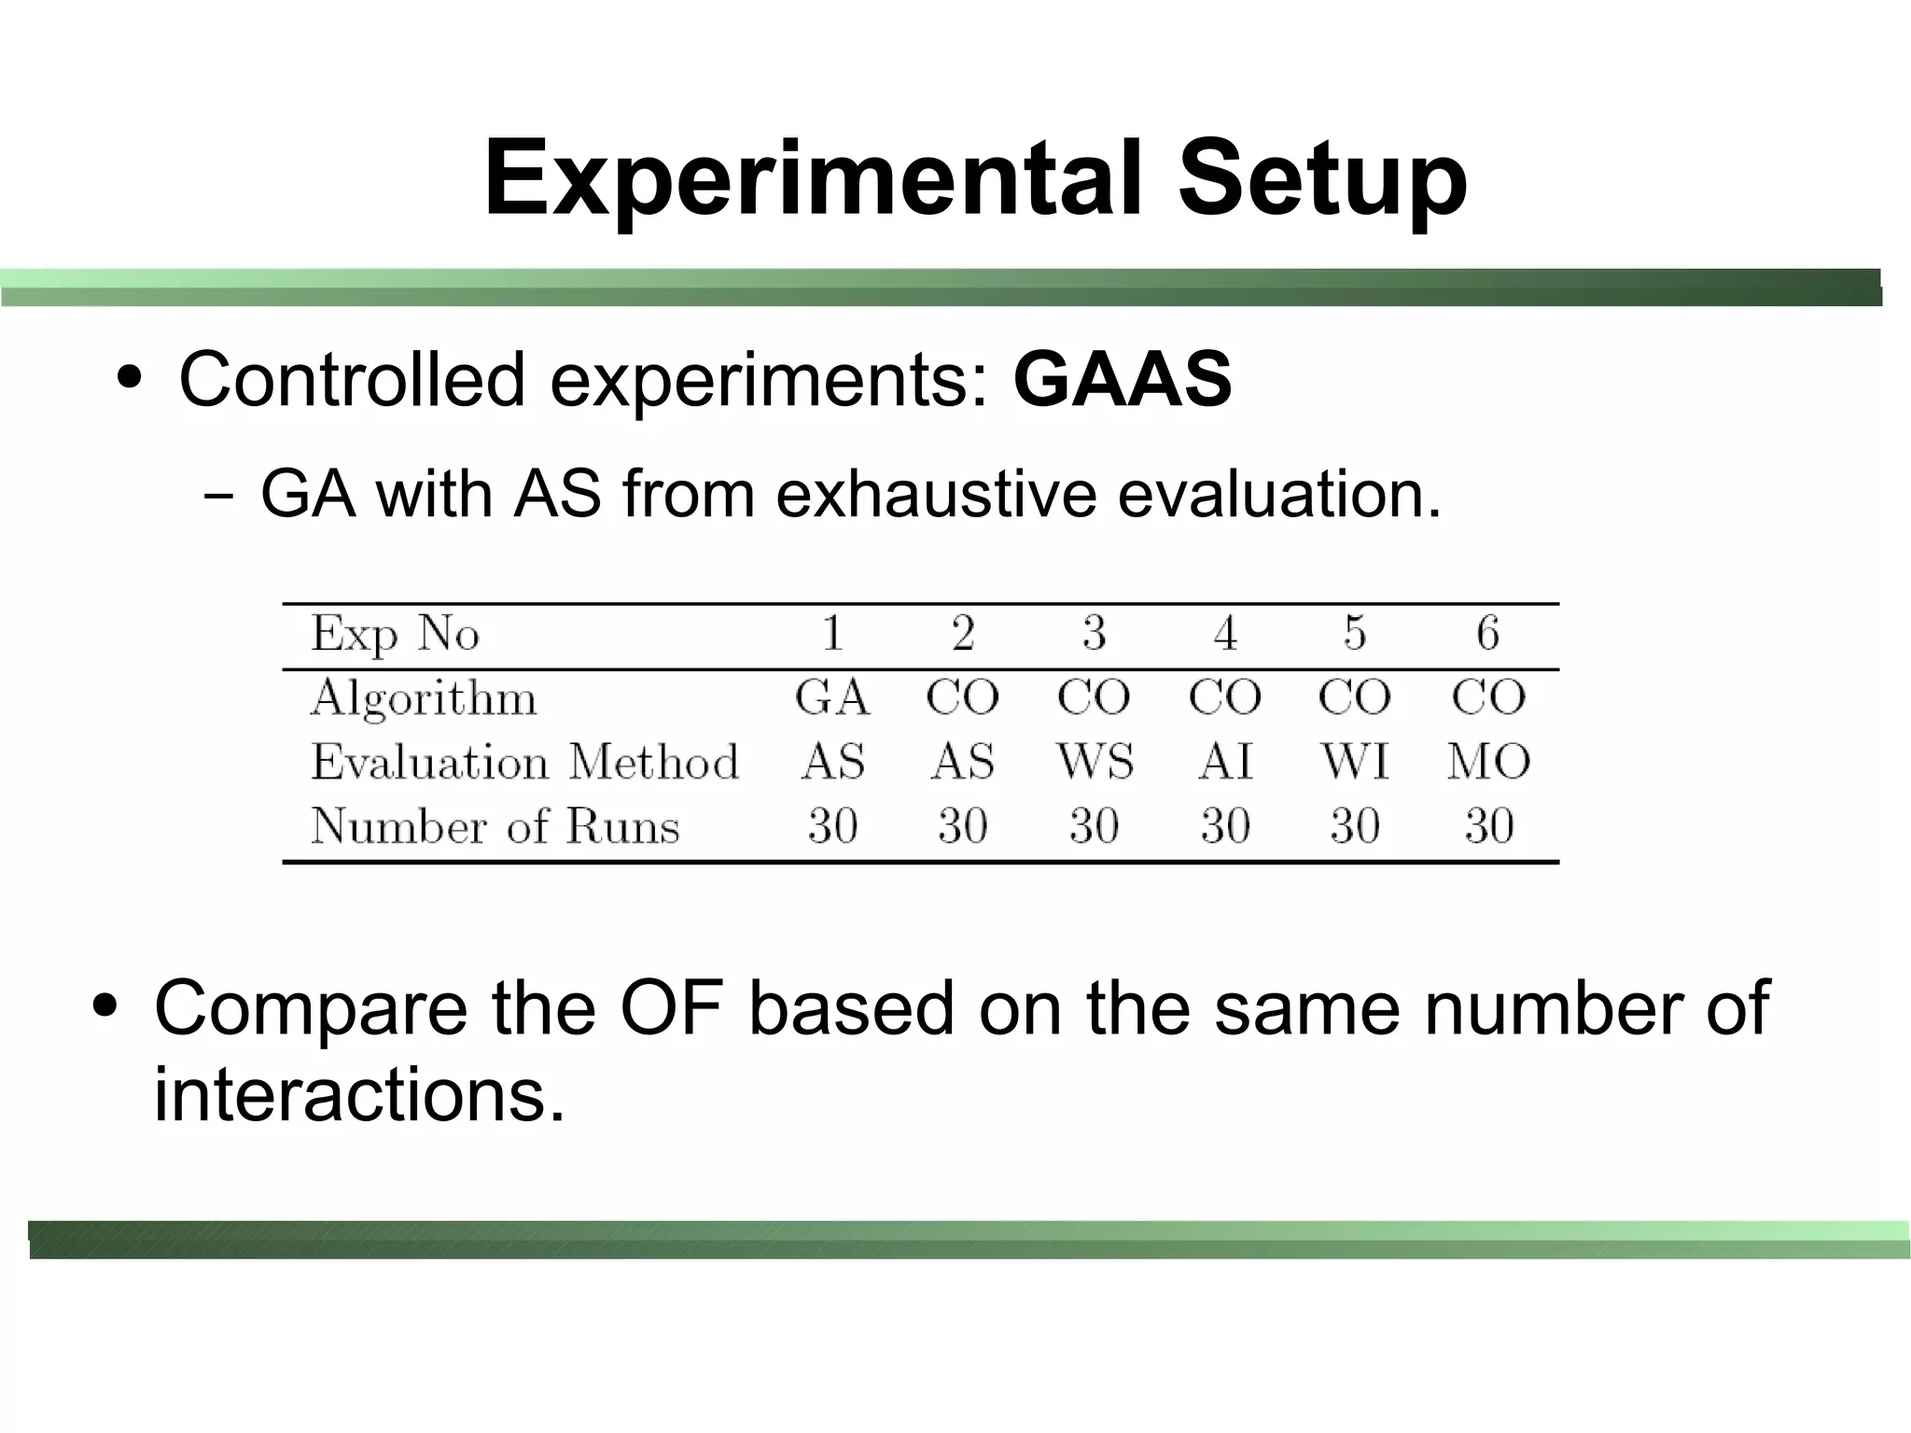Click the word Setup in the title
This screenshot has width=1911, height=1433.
[x=1321, y=179]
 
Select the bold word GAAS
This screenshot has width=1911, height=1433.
[x=1123, y=379]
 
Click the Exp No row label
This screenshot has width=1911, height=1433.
[x=395, y=634]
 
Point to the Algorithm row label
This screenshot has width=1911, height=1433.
[x=424, y=698]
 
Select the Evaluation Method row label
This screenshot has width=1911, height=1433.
[x=524, y=762]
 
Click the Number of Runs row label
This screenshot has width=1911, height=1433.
[x=495, y=826]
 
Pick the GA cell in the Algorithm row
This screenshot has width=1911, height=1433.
[x=832, y=697]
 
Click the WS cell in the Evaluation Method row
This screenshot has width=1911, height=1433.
[x=1095, y=762]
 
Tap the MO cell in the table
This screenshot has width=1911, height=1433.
[x=1488, y=762]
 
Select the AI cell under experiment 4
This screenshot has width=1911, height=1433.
[x=1225, y=762]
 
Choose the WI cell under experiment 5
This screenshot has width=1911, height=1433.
[x=1355, y=762]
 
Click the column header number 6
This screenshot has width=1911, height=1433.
[x=1487, y=633]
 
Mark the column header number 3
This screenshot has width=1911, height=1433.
[x=1095, y=633]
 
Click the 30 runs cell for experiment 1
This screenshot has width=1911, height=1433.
[x=832, y=826]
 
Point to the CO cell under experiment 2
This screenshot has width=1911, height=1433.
[x=962, y=697]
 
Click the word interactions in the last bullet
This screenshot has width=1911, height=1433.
[x=359, y=1094]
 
